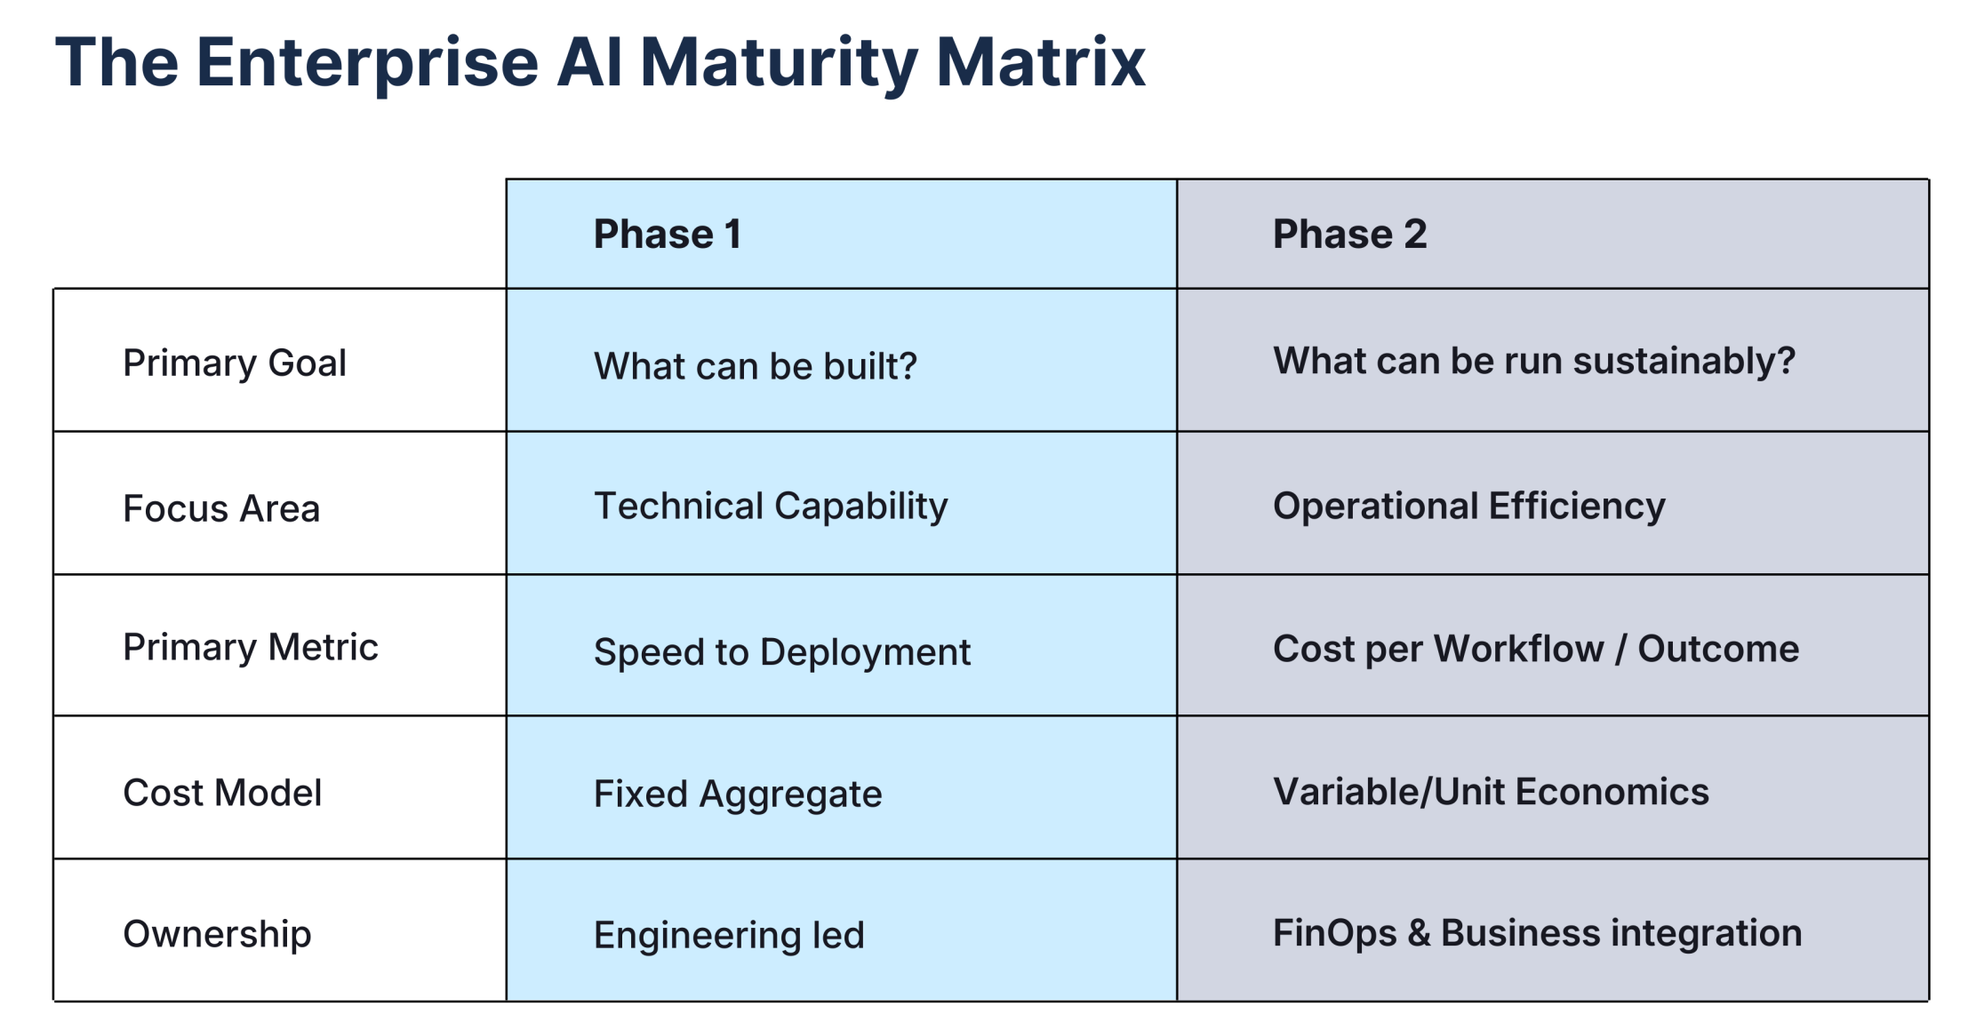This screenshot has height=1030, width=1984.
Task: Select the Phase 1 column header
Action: click(667, 235)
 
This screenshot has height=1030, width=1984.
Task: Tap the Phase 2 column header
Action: click(1349, 235)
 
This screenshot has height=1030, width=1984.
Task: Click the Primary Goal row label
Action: click(235, 363)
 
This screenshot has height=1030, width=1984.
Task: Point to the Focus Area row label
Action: click(221, 508)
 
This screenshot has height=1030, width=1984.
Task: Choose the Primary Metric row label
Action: click(251, 647)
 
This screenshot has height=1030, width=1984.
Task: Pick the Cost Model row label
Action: click(222, 793)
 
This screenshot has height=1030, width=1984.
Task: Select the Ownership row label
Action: click(217, 934)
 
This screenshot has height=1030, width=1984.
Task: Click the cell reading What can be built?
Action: click(755, 366)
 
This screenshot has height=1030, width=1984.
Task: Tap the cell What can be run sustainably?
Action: click(1534, 361)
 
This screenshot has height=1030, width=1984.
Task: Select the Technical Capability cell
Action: click(771, 507)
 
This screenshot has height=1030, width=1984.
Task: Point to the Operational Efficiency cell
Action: click(1468, 507)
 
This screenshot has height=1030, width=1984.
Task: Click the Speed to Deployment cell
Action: click(782, 652)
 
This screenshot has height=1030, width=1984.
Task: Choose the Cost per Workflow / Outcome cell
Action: click(1536, 649)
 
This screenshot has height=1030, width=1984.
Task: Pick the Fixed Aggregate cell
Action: click(738, 794)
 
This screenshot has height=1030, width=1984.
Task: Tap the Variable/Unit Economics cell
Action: click(1491, 792)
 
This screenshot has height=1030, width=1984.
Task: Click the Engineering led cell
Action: click(729, 935)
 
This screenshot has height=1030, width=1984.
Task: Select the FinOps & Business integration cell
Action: click(1538, 933)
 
